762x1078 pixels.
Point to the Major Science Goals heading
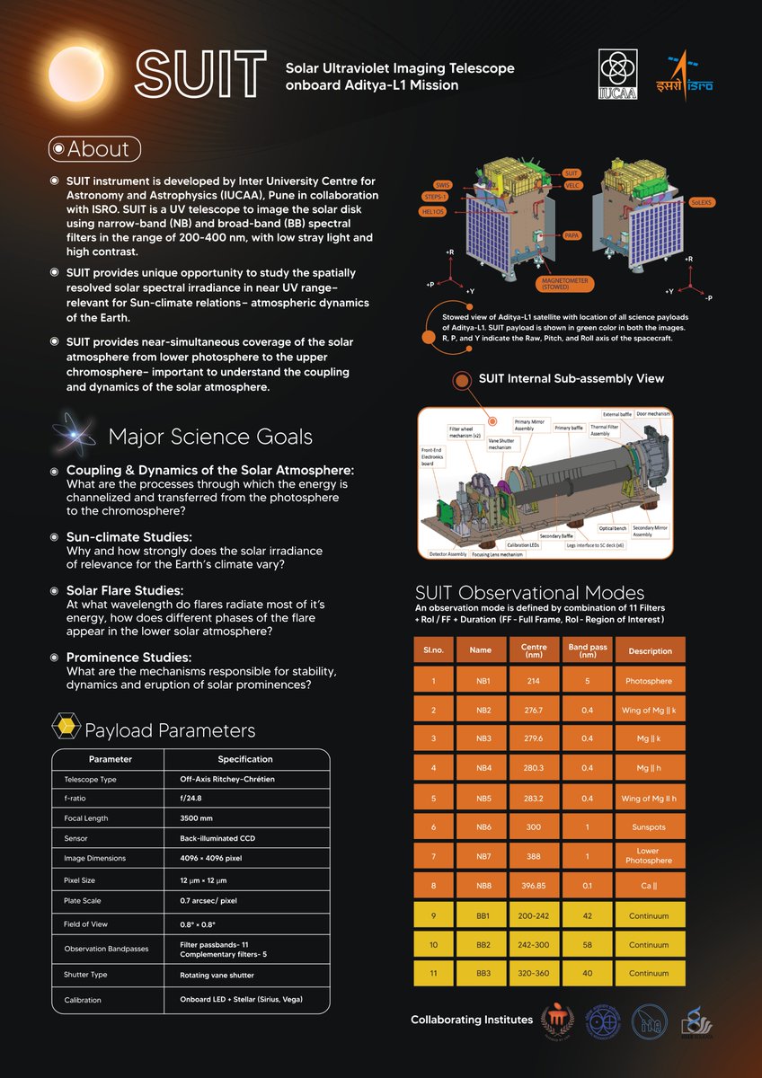pos(210,437)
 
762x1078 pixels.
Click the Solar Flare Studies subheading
pos(125,591)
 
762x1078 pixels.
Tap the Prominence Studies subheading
pos(128,658)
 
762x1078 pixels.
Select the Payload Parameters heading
pos(169,730)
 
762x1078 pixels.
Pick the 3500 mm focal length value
pos(197,818)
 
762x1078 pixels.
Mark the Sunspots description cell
pos(650,826)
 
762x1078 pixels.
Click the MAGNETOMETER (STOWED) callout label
pos(571,284)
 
